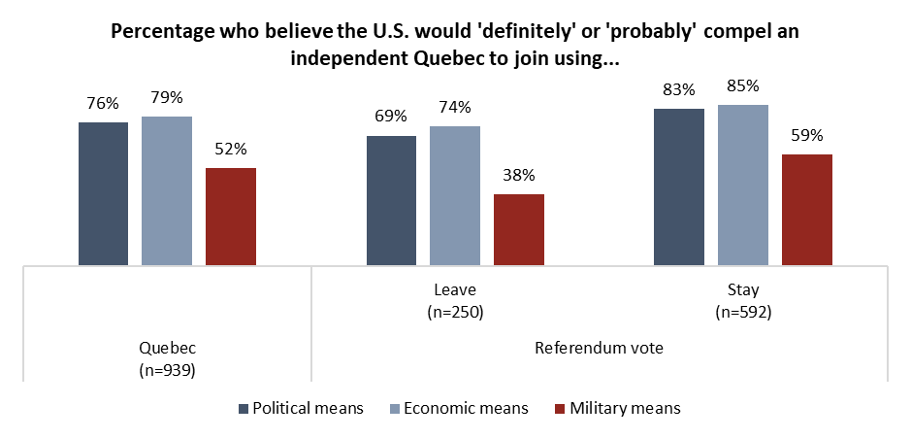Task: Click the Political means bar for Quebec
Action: [103, 193]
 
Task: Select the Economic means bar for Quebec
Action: [167, 190]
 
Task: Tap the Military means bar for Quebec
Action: [231, 216]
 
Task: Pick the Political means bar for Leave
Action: [391, 200]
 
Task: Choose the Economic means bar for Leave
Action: [455, 195]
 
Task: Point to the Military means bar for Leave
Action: [519, 229]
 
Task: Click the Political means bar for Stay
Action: [679, 186]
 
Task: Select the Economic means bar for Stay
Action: [743, 185]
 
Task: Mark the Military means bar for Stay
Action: [807, 209]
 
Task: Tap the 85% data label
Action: [743, 86]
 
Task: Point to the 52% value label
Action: [231, 150]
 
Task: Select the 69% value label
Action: [391, 118]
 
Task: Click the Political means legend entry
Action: [300, 408]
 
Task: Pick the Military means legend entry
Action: [620, 408]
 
